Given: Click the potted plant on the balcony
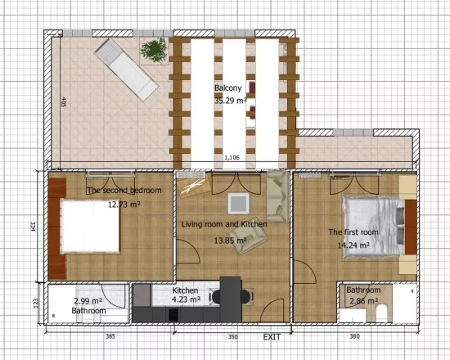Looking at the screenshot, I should [153, 51].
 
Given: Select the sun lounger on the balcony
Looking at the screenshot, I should [124, 70].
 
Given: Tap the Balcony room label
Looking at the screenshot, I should [227, 88].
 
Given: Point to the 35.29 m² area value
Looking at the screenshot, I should [230, 101].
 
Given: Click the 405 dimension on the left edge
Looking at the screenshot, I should [63, 103].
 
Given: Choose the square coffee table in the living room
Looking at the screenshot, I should [239, 202].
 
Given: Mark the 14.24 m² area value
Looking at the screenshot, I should [355, 244].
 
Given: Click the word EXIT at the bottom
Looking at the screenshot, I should [272, 337].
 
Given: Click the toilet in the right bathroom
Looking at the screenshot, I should [382, 313].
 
